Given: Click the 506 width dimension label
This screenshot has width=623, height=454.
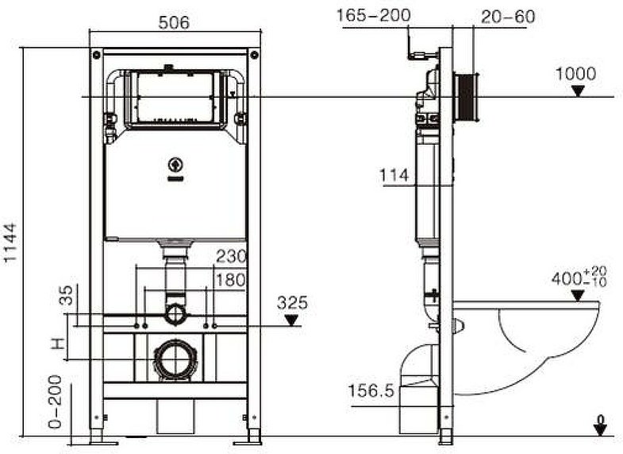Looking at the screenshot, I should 174,23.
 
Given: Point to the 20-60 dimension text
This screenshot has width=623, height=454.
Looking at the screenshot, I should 508,16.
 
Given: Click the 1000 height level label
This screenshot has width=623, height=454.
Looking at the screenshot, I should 575,74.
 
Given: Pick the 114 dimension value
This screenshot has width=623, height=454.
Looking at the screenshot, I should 395,175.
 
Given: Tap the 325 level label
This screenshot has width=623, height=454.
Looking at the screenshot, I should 292,303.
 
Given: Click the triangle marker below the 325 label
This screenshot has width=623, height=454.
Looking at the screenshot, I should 292,320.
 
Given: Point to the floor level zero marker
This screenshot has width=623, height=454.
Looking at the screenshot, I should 600,426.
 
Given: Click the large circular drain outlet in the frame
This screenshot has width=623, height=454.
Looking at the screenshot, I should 174,359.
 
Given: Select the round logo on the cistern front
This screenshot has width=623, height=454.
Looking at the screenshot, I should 175,166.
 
